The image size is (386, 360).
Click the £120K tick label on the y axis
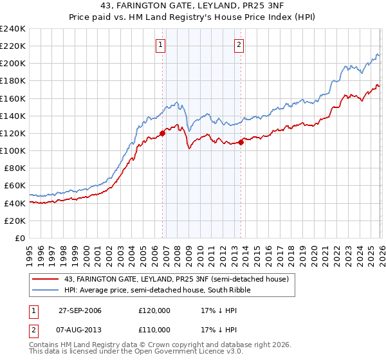13,133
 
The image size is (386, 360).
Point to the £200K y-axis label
13,64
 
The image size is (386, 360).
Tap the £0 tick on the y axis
21,238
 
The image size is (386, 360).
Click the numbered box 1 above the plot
160,44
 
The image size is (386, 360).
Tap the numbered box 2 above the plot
239,44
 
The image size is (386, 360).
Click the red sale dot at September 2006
162,133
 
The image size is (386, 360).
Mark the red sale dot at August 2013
241,142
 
